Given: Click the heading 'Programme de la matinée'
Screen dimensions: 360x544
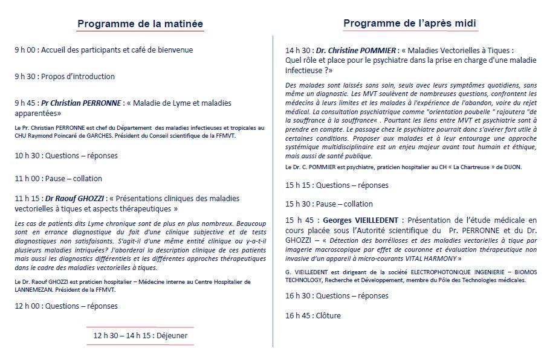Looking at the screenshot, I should coord(140,24).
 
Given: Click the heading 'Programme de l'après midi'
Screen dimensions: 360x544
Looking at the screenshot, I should coord(410,24).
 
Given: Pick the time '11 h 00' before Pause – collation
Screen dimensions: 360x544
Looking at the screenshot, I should coord(28,178).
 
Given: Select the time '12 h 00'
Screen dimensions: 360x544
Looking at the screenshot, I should coord(28,306).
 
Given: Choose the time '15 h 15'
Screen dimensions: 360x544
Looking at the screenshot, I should coord(299,185).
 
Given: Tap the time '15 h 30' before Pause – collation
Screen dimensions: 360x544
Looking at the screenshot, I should coord(299,204).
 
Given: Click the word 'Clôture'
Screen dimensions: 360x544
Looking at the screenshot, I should coord(328,316).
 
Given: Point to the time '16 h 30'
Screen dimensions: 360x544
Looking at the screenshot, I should coord(299,296).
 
